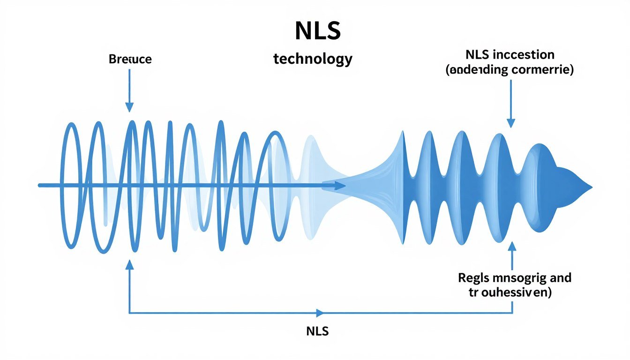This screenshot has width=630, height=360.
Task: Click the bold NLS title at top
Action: point(317,31)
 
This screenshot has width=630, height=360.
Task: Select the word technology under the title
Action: point(313,60)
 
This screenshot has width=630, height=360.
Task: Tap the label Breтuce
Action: point(130,60)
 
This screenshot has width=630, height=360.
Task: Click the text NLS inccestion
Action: point(510,54)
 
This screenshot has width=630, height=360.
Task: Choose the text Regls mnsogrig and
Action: point(514,277)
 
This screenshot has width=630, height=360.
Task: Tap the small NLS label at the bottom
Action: point(317,331)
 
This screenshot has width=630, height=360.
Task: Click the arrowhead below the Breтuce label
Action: point(129,107)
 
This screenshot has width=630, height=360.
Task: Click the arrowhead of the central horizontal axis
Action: point(341,186)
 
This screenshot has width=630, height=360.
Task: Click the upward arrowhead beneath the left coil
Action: point(129,265)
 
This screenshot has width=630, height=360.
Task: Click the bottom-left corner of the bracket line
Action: point(129,313)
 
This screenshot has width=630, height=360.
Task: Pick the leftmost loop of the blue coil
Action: point(70,185)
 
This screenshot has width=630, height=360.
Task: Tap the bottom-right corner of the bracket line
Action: point(512,313)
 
